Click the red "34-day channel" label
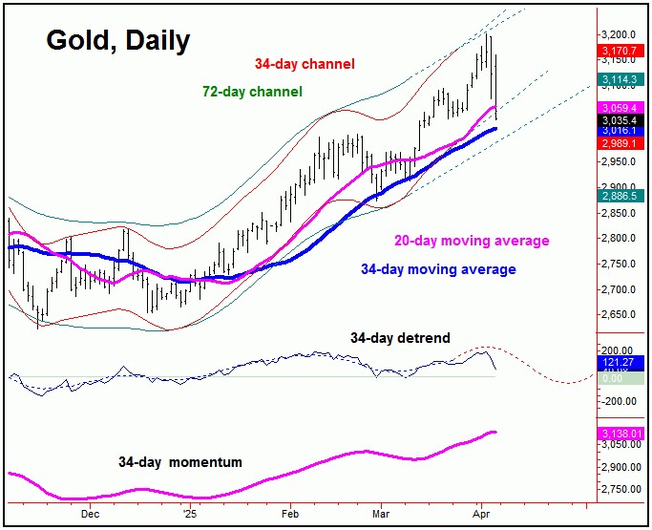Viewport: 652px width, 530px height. tap(305, 64)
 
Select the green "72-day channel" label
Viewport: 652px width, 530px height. tap(252, 92)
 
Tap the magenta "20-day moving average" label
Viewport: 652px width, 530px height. tap(472, 241)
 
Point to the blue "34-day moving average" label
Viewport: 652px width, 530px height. tap(438, 269)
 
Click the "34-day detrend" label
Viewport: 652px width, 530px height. tap(400, 338)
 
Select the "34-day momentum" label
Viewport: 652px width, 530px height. tap(180, 462)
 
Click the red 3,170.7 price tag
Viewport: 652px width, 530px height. tap(620, 50)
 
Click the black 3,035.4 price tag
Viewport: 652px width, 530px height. tap(620, 120)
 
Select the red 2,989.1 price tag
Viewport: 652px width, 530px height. tap(620, 142)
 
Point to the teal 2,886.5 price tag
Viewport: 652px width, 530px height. tap(620, 194)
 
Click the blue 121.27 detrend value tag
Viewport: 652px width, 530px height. tap(620, 363)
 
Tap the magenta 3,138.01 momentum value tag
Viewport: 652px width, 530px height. tap(622, 434)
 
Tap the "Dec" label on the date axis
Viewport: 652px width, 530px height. tap(91, 513)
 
